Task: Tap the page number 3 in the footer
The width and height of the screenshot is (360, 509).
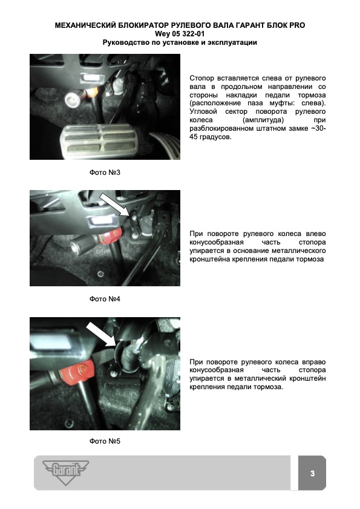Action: [x=312, y=473]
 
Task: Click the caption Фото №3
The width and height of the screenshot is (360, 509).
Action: [x=105, y=172]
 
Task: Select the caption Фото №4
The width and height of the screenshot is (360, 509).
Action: [x=105, y=298]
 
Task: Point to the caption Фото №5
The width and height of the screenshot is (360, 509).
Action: [x=105, y=441]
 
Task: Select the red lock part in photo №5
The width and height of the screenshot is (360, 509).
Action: [x=80, y=371]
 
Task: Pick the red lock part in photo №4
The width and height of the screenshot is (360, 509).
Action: [x=110, y=235]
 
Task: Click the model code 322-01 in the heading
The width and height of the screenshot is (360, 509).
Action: [x=192, y=34]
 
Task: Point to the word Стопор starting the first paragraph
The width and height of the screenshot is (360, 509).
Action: [x=202, y=78]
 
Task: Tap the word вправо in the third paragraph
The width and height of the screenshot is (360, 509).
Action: [x=314, y=362]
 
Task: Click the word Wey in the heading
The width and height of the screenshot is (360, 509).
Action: [x=162, y=34]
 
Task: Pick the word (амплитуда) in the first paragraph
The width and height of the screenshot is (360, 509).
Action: [x=263, y=120]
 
